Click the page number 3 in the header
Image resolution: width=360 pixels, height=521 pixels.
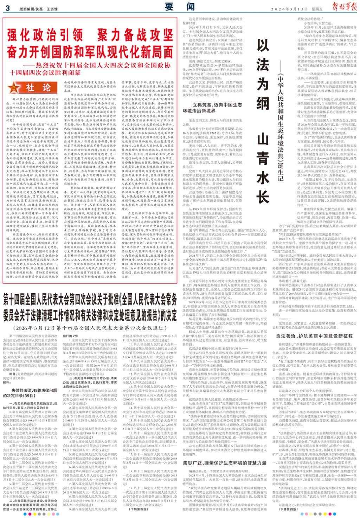[x=8, y=8]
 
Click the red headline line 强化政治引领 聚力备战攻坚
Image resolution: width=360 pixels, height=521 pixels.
[x=90, y=36]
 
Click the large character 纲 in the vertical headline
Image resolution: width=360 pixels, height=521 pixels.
[x=263, y=103]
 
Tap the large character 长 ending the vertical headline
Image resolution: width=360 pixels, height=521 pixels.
[x=263, y=197]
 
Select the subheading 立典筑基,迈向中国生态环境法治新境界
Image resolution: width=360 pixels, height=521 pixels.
[x=217, y=108]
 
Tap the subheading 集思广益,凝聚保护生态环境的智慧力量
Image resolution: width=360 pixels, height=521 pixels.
[x=224, y=463]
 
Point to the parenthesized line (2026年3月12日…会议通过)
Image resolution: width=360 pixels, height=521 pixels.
[x=90, y=328]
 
